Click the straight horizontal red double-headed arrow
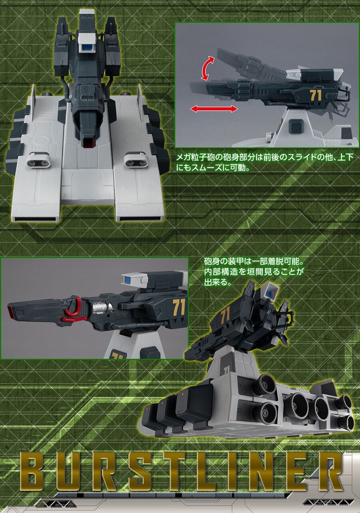214,109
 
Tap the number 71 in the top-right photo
316,95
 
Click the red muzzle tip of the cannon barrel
10,309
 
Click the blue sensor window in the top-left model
87,48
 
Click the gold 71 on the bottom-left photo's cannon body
179,308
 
